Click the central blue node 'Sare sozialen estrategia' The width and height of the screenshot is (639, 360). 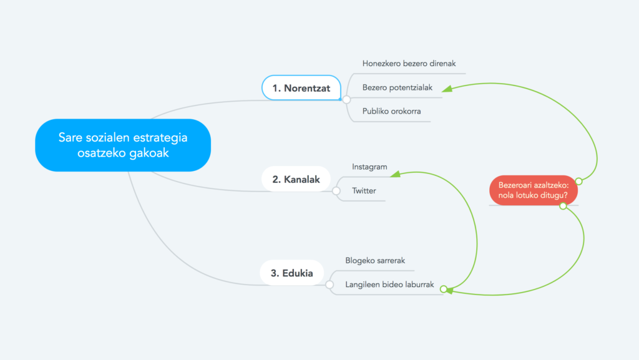pos(123,145)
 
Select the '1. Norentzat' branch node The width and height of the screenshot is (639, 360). pos(301,87)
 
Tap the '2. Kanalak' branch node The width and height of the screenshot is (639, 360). pos(296,179)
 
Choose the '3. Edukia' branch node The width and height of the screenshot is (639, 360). pos(292,273)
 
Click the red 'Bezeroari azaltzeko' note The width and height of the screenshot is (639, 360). pos(534,190)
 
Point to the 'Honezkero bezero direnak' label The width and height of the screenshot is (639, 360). pos(409,64)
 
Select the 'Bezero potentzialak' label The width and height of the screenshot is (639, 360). pos(398,87)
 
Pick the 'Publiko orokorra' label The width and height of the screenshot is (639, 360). pos(392,111)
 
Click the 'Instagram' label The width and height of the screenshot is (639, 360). pos(369,167)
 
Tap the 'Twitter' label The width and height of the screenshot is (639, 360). pos(364,190)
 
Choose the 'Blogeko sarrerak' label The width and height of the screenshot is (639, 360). pos(375,261)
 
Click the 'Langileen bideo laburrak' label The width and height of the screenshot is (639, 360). pos(389,285)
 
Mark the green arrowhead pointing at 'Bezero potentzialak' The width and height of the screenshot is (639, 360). pos(447,89)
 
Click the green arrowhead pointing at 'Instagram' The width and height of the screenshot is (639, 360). pos(395,174)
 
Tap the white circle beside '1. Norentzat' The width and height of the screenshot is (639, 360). pos(346,99)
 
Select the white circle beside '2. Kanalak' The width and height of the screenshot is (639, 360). pos(336,190)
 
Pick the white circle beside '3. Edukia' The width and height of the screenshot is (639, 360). pos(329,285)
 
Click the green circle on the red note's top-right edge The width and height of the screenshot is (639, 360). pos(578,181)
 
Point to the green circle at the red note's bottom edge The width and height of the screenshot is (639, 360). pos(563,206)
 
